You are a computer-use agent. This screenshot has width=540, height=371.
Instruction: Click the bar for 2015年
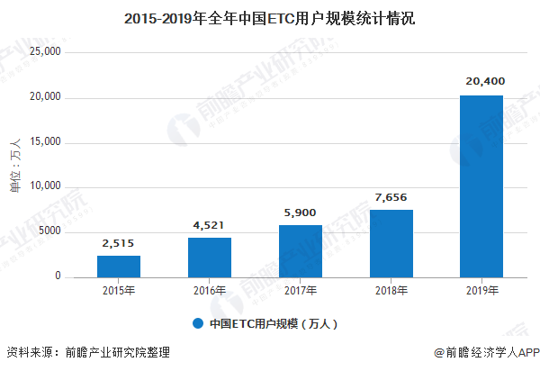(119, 267)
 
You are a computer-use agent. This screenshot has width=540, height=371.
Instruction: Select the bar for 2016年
(210, 258)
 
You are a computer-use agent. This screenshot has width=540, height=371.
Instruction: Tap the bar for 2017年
(301, 251)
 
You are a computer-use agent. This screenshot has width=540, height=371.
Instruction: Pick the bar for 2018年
(391, 243)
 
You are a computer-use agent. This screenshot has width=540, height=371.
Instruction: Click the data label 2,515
(119, 242)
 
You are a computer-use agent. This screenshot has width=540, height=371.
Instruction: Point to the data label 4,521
(210, 224)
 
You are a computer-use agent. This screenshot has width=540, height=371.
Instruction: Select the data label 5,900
(301, 212)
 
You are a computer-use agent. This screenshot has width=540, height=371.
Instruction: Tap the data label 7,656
(391, 196)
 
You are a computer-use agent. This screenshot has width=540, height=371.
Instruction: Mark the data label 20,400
(481, 82)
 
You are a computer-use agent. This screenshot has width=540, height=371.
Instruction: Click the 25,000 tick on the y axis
(45, 52)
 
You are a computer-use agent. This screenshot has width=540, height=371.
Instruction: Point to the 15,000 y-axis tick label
(45, 142)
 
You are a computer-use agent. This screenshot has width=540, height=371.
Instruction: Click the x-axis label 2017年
(301, 291)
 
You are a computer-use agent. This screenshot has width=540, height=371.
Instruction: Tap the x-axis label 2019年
(481, 291)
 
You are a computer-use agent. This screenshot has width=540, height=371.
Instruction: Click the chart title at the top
(270, 17)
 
